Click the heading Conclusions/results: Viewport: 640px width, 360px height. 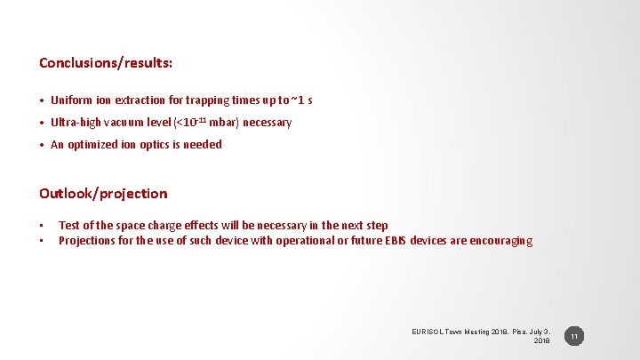106,63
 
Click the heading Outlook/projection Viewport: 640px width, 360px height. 103,193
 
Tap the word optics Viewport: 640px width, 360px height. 166,145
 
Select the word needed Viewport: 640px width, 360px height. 203,145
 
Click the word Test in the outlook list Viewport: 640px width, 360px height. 68,226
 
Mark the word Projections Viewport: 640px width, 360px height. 87,241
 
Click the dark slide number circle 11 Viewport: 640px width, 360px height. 574,337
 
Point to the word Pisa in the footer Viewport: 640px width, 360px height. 516,332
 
